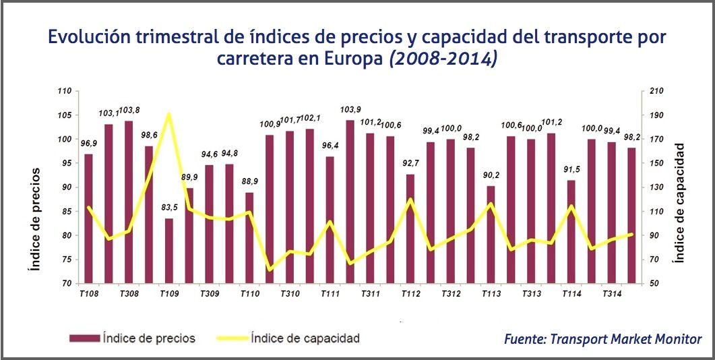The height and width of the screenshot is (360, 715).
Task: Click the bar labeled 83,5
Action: pos(168,251)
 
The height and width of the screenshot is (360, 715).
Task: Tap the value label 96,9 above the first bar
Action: pos(88,144)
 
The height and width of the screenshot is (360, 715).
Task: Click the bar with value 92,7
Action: pos(410,229)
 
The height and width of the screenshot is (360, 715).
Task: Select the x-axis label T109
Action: pos(169,294)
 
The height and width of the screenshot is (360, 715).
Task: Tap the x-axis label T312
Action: pos(451,294)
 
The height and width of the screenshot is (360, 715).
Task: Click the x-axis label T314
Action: pos(612,294)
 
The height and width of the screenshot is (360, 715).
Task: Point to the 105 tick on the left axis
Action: pos(64,115)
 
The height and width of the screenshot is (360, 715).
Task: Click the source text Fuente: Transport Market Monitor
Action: pos(602,339)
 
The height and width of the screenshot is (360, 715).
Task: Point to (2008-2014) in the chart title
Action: pos(443,59)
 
